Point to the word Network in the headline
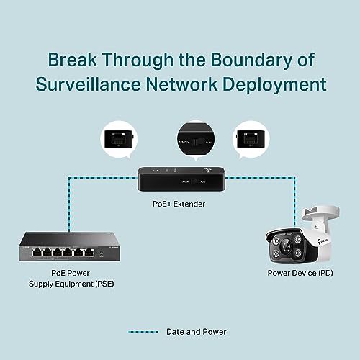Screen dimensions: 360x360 point(182,84)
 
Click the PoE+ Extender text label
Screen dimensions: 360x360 point(180,204)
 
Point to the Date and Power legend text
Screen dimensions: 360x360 point(197,332)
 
